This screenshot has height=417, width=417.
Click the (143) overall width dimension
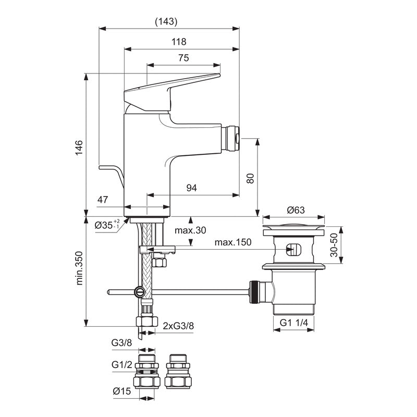point(167,21)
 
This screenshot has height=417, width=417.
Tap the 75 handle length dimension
point(183,58)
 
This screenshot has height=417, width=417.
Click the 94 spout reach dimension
point(192,188)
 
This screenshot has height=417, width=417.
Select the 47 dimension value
point(103,199)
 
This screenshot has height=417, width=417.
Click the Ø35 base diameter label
point(107,225)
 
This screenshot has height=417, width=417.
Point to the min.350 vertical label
point(80,270)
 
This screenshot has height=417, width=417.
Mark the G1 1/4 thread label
point(293,323)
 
